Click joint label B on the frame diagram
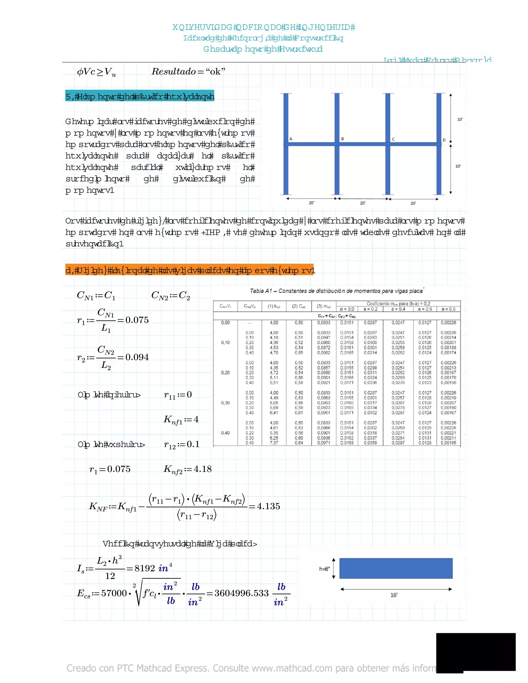(343, 139)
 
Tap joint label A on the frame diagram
(291, 139)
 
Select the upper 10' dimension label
(459, 120)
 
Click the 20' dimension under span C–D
(413, 203)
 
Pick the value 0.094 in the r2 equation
(137, 357)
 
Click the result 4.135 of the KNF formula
(268, 506)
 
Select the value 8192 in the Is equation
(145, 568)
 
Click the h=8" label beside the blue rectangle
(324, 569)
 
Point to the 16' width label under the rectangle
(393, 595)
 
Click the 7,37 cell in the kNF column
(274, 443)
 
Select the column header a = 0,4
(398, 309)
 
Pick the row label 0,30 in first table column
(225, 403)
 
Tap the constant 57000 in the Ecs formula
(114, 593)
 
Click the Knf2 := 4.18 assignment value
(202, 469)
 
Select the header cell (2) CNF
(299, 306)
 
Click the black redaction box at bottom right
(475, 652)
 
